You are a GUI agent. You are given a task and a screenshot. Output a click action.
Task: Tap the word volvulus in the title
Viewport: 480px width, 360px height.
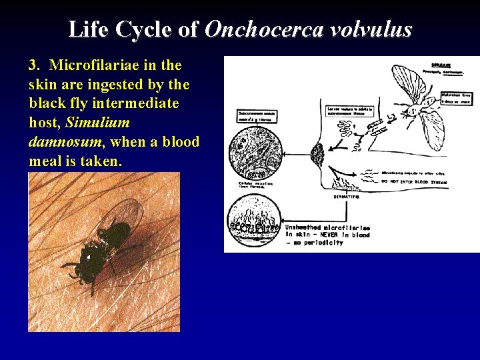coord(375,30)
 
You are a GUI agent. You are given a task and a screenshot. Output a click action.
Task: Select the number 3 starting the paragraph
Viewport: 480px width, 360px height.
coord(33,65)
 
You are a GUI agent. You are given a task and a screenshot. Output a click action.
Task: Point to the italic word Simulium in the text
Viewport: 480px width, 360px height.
coord(98,123)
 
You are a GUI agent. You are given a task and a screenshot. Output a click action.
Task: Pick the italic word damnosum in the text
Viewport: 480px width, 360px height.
coord(65,143)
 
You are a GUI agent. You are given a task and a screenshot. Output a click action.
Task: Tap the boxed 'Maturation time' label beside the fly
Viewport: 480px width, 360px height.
coord(458,99)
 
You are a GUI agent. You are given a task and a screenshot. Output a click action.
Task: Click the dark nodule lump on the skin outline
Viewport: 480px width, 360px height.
coord(317,157)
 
